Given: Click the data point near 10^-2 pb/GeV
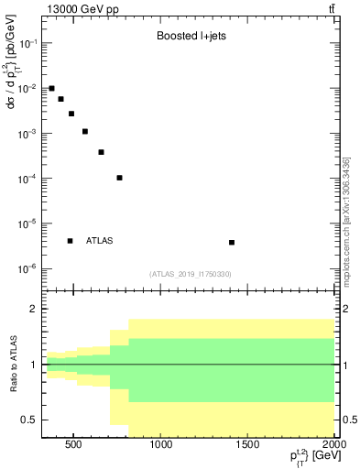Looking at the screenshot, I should coord(52,88).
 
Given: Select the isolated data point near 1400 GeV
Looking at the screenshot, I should coord(232,243).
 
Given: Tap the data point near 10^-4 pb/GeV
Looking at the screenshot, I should coord(120,178).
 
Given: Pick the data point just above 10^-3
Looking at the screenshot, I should coord(85,131).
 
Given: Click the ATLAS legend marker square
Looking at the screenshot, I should coord(71,241).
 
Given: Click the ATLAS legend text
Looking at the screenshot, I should coord(100,241).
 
